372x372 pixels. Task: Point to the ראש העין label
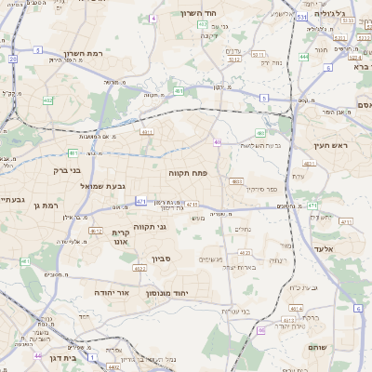coord(330,145)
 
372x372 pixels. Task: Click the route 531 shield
coord(302,17)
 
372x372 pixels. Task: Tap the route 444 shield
coord(305,57)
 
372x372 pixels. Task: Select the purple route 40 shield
coord(217,142)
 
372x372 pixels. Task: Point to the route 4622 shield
coord(139,269)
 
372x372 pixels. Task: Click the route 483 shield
coord(236,181)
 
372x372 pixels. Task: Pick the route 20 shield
coord(13,60)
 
